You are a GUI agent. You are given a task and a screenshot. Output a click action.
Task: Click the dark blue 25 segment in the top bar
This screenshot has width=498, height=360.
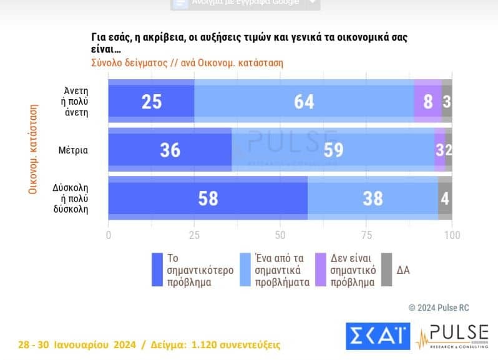pos(152,101)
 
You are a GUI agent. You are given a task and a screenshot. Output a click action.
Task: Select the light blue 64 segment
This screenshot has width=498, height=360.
pos(304,101)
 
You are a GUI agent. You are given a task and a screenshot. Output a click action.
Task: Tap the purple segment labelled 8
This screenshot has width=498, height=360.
pos(427,101)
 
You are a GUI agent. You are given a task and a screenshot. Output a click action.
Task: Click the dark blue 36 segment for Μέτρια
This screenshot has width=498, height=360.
pos(170,150)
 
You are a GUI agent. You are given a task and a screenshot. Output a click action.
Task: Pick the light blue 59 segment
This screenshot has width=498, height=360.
pos(333,150)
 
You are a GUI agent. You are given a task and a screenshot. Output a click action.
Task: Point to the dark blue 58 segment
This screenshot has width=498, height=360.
pos(208,198)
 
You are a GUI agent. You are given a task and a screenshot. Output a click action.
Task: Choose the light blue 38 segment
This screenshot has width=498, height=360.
pos(373,198)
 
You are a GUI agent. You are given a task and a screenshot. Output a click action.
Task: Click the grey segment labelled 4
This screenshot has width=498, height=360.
pos(445,198)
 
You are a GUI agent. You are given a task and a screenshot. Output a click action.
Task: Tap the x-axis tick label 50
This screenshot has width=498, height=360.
pos(280,235)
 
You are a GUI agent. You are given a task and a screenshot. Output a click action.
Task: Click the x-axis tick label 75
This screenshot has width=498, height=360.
pos(366,235)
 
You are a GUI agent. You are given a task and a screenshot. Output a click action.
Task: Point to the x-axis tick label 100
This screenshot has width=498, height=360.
pos(451,235)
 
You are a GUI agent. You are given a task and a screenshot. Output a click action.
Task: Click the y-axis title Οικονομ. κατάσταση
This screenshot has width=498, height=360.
pos(32,150)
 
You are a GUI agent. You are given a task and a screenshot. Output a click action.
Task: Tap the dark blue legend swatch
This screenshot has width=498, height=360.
pos(158,270)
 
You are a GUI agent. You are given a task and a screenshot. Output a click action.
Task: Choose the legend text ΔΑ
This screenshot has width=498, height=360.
pos(404,270)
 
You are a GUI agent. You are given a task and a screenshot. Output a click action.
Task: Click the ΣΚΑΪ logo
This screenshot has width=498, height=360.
pos(378,336)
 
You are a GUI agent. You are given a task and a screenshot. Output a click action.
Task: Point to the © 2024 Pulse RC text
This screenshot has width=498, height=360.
pos(439,307)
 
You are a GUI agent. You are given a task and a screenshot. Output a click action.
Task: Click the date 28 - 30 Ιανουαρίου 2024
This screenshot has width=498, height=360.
pos(74,344)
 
